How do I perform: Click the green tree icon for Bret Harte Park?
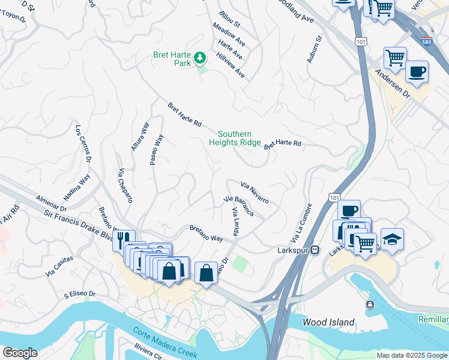200,58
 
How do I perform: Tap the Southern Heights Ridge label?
235,139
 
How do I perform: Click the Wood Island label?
328,322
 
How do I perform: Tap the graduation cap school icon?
392,240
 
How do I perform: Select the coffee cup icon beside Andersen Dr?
417,72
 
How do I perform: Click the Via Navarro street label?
255,192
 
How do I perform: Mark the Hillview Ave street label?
232,66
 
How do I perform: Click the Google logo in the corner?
20,353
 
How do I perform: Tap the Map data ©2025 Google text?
411,355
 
